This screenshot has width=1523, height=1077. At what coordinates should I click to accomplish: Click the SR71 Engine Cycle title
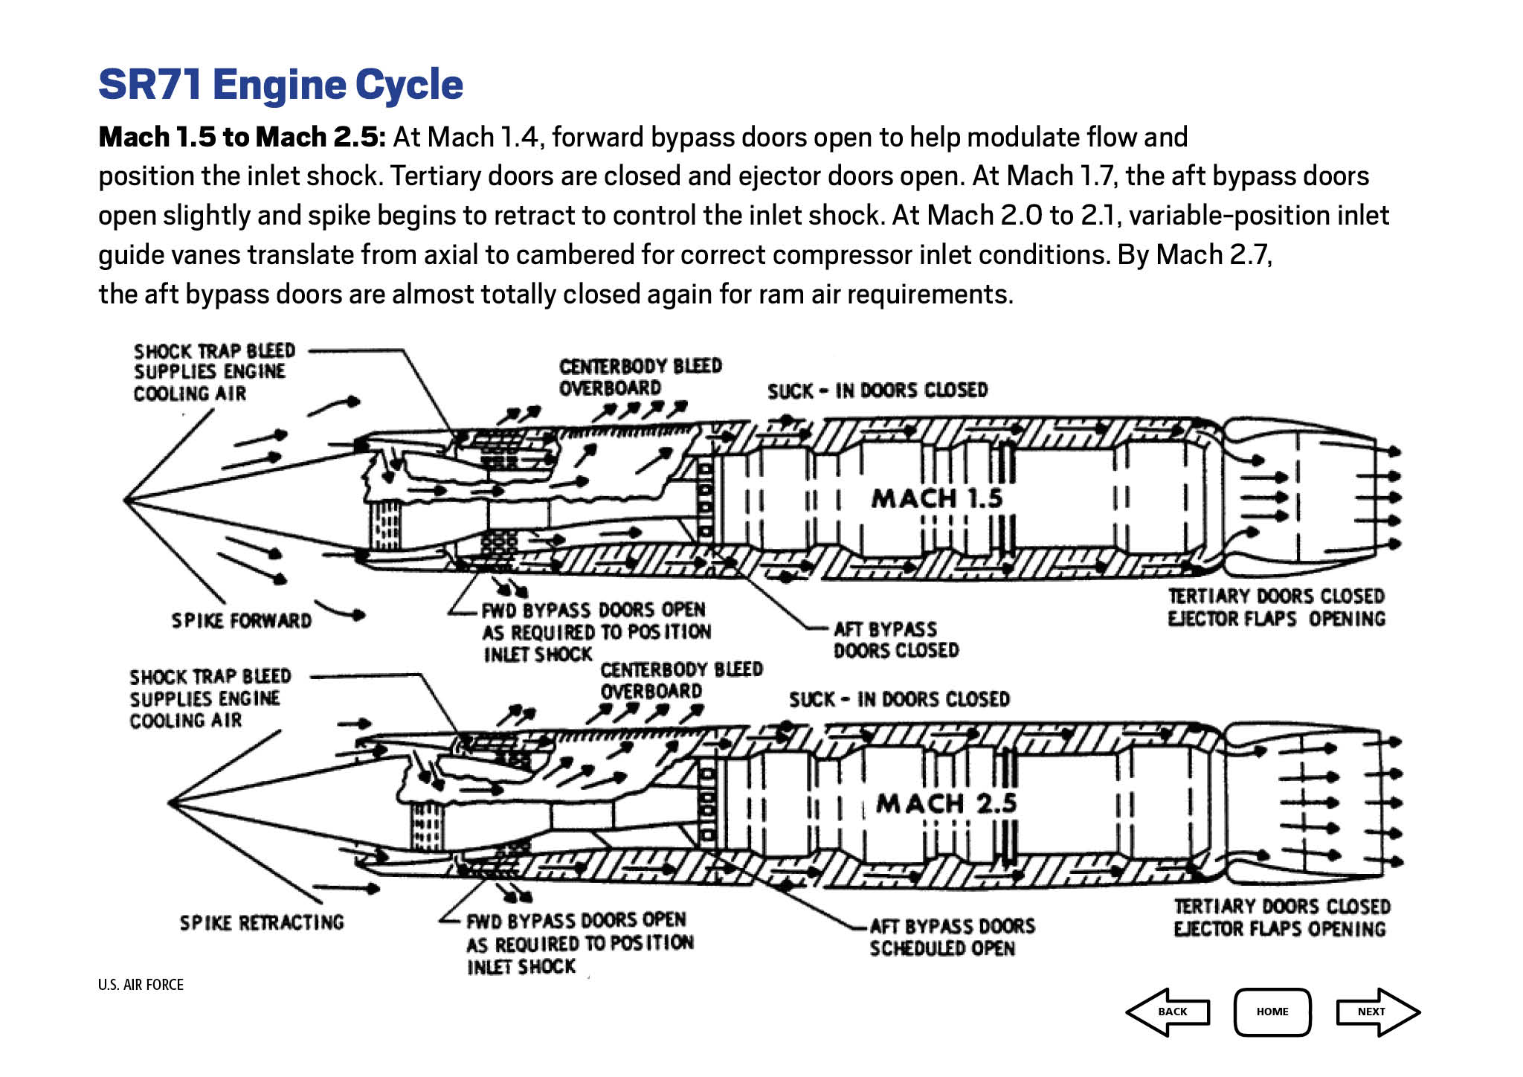(x=280, y=84)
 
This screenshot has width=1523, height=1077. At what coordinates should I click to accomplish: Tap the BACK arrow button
(x=1169, y=1012)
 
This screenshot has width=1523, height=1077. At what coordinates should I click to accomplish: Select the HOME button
(x=1272, y=1012)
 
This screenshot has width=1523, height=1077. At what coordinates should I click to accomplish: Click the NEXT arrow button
(x=1377, y=1012)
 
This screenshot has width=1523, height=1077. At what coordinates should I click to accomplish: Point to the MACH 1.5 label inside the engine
(x=937, y=498)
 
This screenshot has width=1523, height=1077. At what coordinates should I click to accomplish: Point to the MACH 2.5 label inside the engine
(x=946, y=803)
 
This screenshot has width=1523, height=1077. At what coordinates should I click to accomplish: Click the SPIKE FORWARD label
(x=242, y=620)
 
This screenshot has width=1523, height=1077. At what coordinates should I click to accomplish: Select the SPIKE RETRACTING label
(x=262, y=922)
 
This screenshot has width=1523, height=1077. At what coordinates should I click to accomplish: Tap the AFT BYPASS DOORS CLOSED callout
(x=895, y=640)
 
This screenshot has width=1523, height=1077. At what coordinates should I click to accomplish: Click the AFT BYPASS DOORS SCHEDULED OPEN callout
(x=952, y=937)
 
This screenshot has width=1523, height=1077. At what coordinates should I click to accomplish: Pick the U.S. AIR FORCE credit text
(x=141, y=985)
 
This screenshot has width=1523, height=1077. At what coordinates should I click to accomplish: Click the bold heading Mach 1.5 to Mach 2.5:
(x=242, y=138)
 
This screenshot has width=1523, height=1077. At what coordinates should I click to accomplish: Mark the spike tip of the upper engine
(x=125, y=500)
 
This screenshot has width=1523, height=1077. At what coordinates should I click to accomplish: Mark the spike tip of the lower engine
(x=170, y=803)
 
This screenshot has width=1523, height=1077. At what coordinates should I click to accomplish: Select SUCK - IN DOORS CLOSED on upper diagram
(x=878, y=390)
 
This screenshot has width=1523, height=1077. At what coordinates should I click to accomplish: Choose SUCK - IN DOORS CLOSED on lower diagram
(x=899, y=700)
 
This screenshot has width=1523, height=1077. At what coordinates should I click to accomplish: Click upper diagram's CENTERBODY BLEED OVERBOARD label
(x=640, y=377)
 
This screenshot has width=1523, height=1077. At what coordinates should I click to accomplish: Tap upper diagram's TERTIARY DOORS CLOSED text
(x=1276, y=597)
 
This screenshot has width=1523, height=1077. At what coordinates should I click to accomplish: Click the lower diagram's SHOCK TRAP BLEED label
(x=210, y=677)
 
